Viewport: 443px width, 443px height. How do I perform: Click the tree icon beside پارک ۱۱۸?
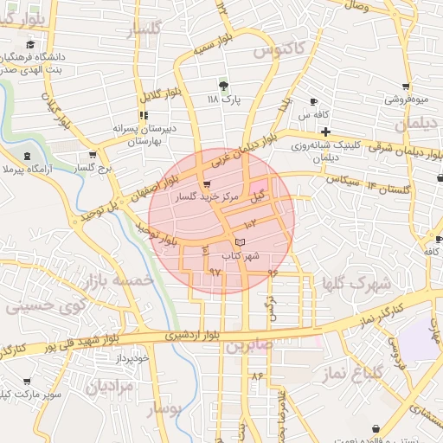tap(224, 86)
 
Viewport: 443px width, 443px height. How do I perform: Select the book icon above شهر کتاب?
tap(241, 241)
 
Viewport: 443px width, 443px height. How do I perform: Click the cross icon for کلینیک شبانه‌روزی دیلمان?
tap(324, 132)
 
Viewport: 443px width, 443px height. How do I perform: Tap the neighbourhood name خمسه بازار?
tap(119, 279)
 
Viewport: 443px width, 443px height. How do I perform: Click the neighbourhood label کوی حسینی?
tap(46, 305)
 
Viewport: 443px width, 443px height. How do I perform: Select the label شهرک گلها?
tap(356, 283)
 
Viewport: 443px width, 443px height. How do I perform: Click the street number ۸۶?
tap(256, 377)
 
